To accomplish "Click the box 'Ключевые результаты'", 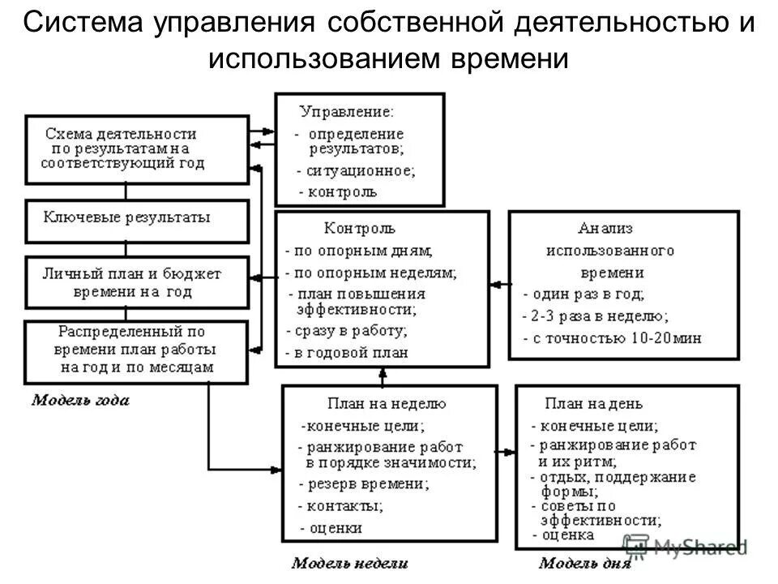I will click(x=137, y=220).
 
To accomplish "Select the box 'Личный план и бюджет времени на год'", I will click(x=137, y=281).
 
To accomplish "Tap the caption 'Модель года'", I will click(x=79, y=400).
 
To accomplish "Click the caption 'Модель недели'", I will click(x=349, y=562).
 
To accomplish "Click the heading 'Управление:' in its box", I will click(x=347, y=110).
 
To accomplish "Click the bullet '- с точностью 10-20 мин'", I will click(x=612, y=337).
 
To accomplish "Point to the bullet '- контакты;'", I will click(x=340, y=506).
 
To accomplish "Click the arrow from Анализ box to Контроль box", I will click(x=499, y=284).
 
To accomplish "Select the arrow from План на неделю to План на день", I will click(x=507, y=451).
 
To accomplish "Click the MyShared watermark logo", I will click(x=685, y=546).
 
